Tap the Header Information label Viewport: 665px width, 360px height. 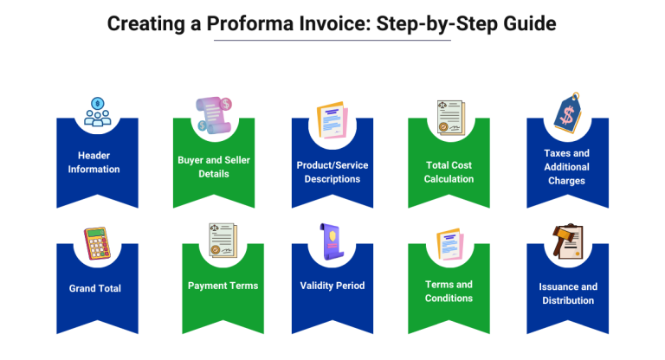[x=94, y=162]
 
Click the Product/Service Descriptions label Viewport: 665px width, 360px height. [x=332, y=171]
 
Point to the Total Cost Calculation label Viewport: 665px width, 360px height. [x=449, y=171]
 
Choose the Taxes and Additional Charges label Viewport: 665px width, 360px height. [x=567, y=167]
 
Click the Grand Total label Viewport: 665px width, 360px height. [x=95, y=288]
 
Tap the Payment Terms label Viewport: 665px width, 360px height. [x=223, y=285]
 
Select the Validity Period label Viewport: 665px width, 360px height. [x=332, y=286]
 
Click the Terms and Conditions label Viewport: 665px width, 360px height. [x=449, y=291]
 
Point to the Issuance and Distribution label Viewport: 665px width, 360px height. [x=567, y=293]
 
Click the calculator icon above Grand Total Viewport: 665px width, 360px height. [x=97, y=243]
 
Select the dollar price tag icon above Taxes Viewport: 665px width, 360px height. [x=567, y=113]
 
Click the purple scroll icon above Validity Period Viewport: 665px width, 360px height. [x=332, y=241]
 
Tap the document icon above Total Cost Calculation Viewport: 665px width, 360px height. [x=450, y=118]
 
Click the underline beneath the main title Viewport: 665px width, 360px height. [x=332, y=41]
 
